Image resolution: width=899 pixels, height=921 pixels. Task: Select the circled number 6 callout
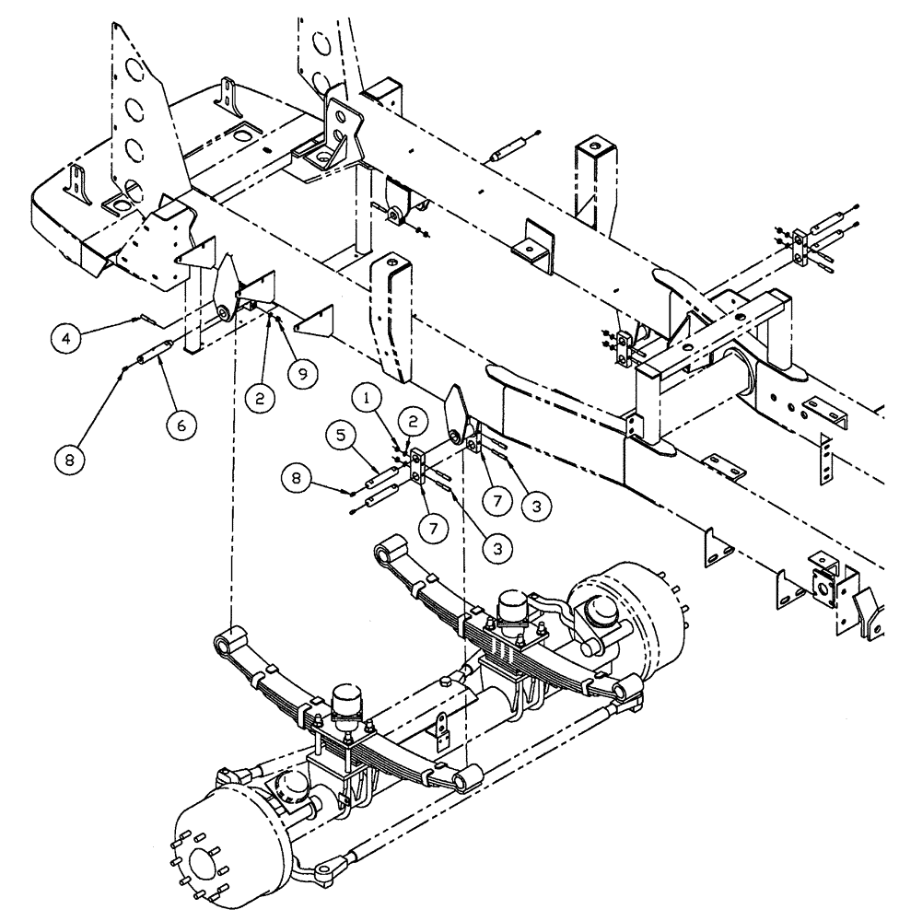(x=181, y=425)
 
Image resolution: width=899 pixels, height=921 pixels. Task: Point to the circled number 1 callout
(x=368, y=399)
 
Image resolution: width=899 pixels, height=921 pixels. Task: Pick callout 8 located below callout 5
(x=297, y=479)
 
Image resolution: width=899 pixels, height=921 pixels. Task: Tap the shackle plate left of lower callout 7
(x=417, y=465)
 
